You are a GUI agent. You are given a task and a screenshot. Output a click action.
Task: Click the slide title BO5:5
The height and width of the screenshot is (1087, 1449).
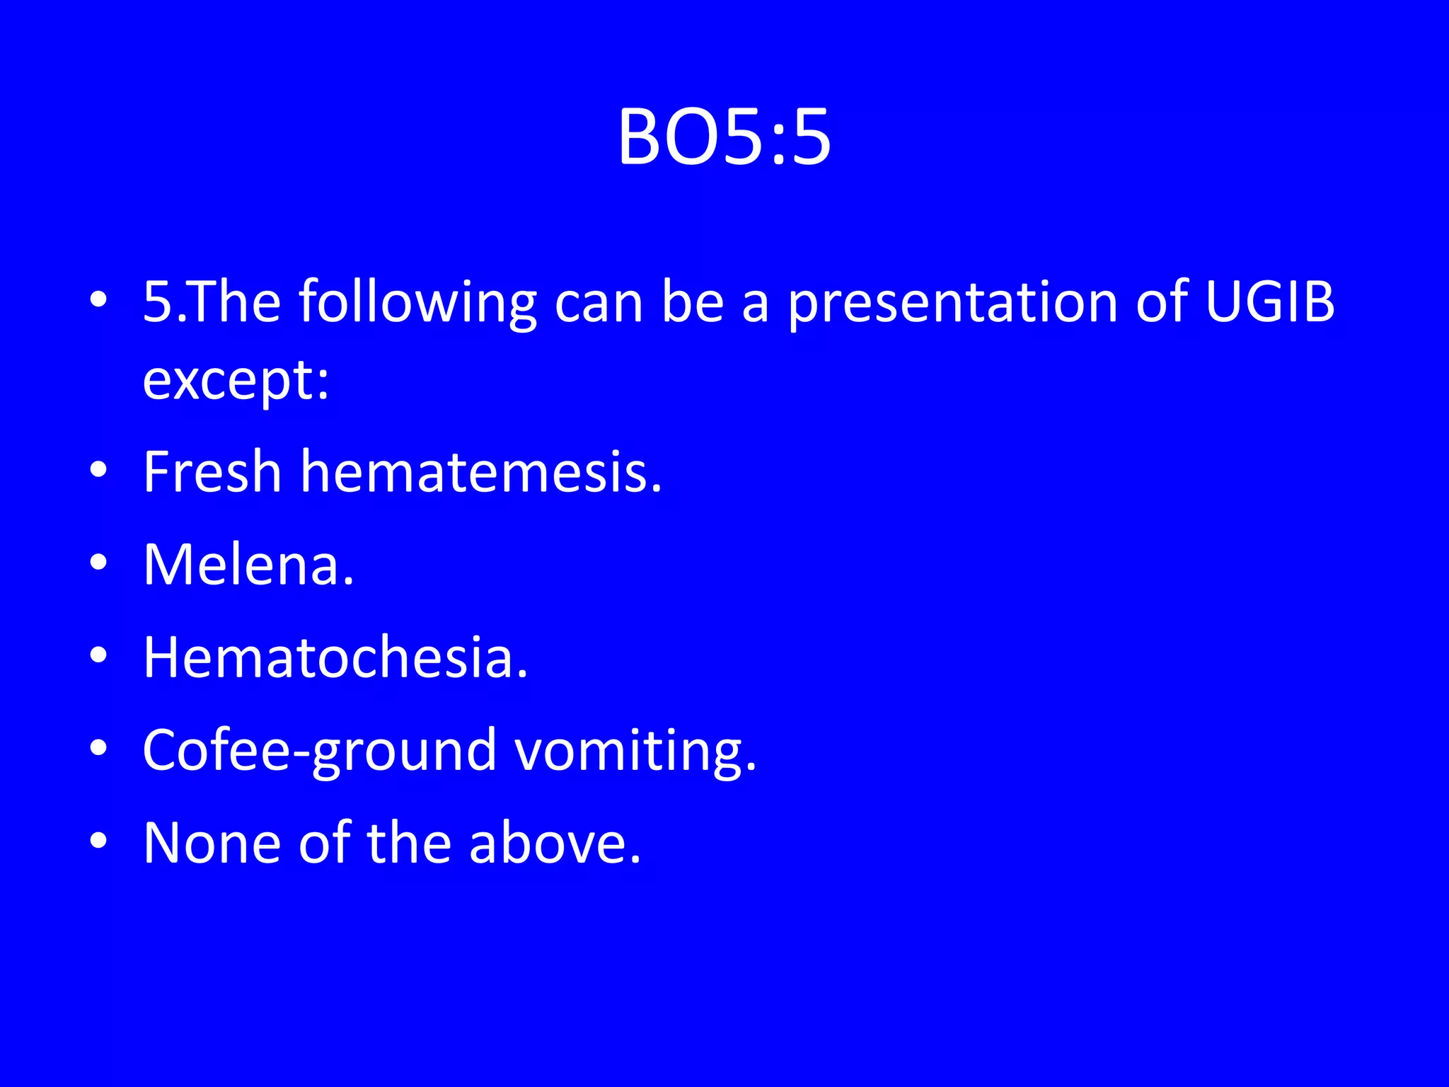click(724, 138)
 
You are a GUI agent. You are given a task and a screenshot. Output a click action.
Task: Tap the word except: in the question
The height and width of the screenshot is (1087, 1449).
click(236, 381)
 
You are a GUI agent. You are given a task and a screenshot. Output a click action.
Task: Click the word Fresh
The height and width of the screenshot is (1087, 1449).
click(212, 471)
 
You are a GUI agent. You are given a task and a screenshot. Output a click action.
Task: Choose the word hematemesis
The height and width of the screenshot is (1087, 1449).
click(481, 471)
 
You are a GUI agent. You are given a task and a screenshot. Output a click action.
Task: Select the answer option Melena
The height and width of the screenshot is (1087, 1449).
click(248, 565)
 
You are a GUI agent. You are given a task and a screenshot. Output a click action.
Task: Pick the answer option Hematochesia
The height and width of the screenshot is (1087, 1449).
click(335, 657)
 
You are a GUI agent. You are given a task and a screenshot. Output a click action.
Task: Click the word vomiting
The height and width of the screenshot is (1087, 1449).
click(635, 751)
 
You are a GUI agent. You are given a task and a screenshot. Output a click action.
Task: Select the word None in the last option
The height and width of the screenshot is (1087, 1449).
click(212, 843)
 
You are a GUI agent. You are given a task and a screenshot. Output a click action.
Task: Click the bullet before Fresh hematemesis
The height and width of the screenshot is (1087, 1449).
click(98, 469)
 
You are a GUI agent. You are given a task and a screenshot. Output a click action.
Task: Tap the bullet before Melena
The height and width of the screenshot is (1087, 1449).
click(98, 562)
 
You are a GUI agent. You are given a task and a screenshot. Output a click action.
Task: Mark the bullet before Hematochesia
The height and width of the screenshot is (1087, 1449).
click(98, 655)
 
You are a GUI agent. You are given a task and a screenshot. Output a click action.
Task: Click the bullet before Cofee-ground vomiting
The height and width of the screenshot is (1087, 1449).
click(98, 747)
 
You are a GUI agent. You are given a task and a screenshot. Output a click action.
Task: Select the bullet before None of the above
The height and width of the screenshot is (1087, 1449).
click(98, 840)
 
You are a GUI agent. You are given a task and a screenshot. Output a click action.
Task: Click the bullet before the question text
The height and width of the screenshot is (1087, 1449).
click(98, 299)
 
